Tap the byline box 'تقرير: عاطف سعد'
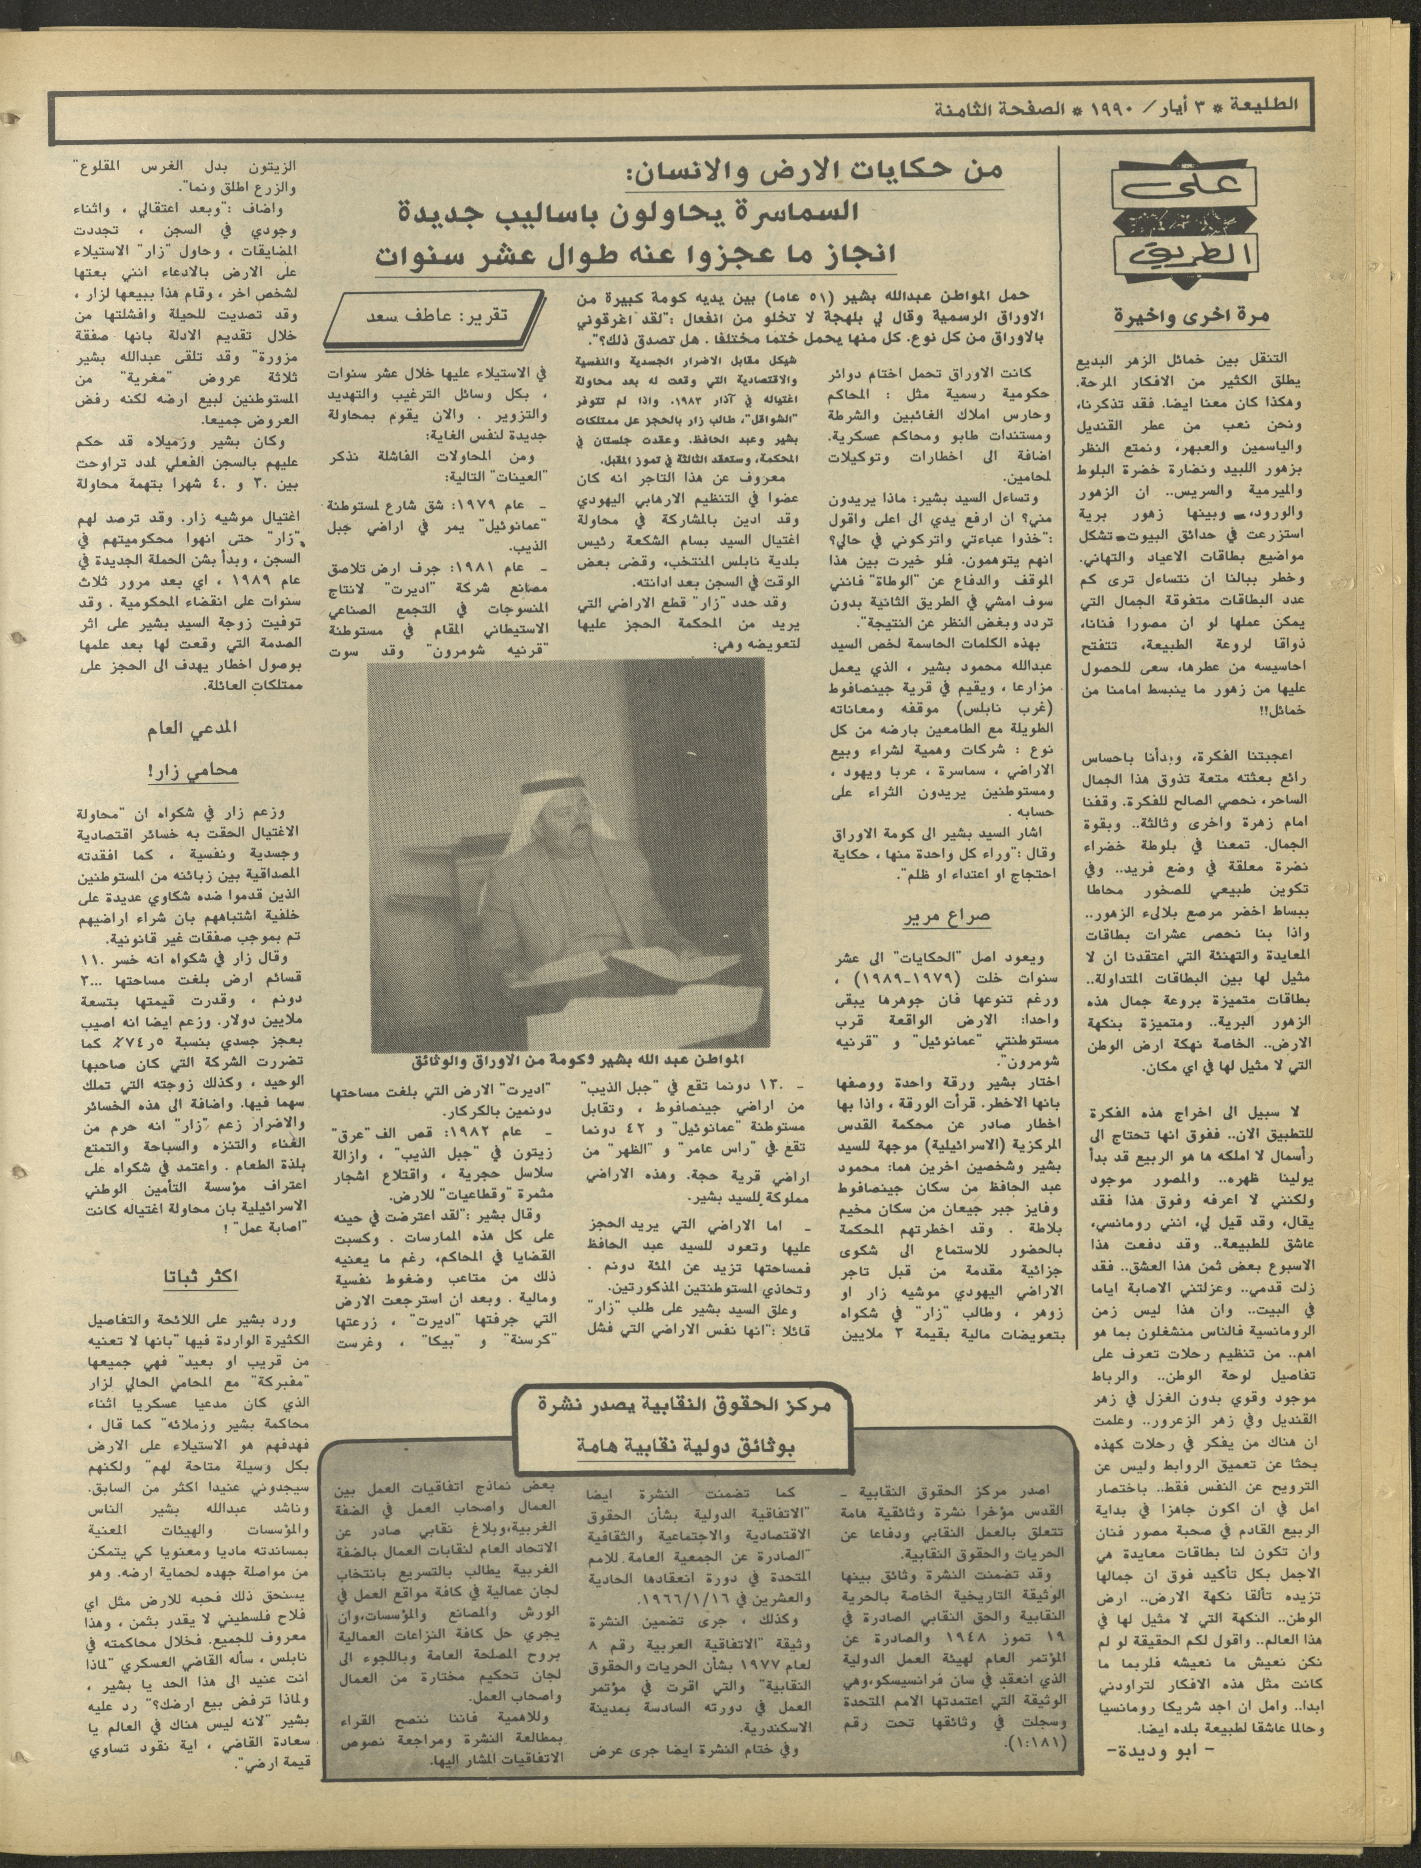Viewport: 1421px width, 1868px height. click(x=438, y=315)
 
